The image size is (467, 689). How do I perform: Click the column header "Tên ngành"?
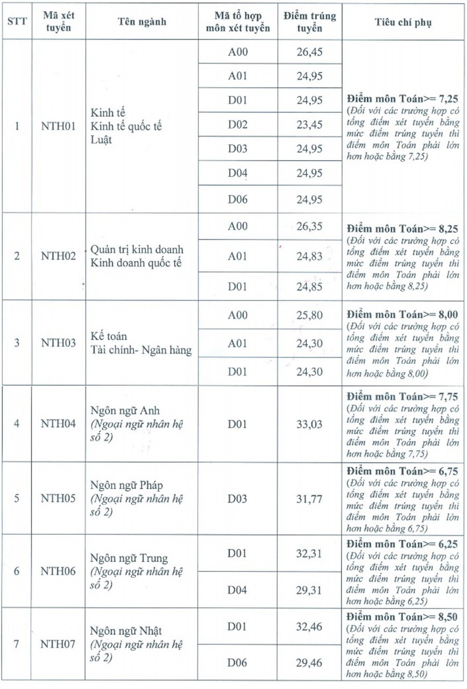pos(142,21)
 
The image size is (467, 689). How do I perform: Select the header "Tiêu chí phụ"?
pos(403,22)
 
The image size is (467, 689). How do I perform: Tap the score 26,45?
pos(309,52)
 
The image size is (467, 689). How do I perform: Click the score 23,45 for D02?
pos(309,125)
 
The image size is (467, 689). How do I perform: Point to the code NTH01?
pos(58,126)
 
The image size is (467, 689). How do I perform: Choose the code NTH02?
pos(58,256)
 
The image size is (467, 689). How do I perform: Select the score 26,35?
pos(309,227)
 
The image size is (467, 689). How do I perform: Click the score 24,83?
pos(309,256)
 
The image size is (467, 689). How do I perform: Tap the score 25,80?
pos(309,315)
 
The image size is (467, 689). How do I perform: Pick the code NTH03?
pos(58,343)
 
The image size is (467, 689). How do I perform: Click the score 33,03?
pos(309,424)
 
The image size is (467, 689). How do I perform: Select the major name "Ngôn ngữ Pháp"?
pos(127,485)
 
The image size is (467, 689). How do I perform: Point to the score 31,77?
pos(309,499)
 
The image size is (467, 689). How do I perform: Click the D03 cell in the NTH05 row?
pos(237,499)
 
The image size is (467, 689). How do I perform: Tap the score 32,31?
pos(309,554)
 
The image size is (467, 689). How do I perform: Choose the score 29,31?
pos(309,590)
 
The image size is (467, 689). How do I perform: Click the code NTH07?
pos(58,644)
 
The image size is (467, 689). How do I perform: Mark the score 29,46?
pos(309,662)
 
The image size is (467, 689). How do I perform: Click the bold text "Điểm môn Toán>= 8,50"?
pos(402,617)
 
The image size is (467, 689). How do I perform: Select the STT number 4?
pos(17,424)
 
